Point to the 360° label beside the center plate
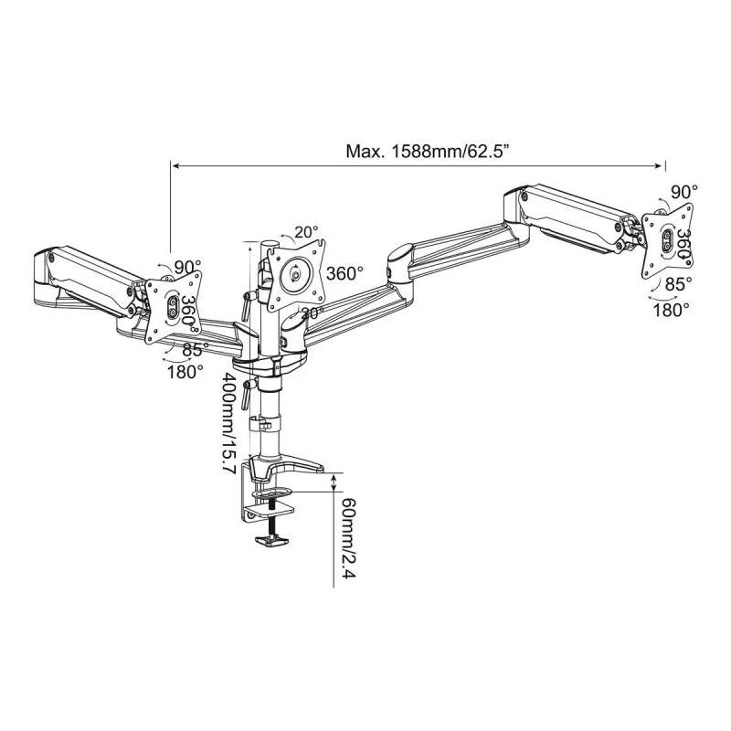pyautogui.click(x=344, y=273)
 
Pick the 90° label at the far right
pyautogui.click(x=683, y=192)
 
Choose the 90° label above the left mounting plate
pyautogui.click(x=187, y=267)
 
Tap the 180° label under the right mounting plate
pyautogui.click(x=672, y=310)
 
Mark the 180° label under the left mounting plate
pyautogui.click(x=185, y=372)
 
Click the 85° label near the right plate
pyautogui.click(x=677, y=284)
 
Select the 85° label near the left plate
pyautogui.click(x=192, y=349)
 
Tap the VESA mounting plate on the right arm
pyautogui.click(x=666, y=238)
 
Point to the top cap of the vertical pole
pyautogui.click(x=270, y=243)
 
